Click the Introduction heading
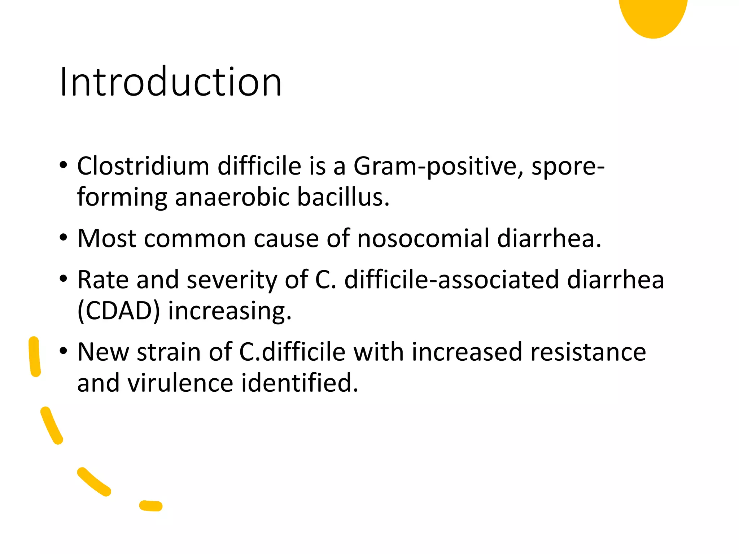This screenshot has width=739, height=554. [170, 82]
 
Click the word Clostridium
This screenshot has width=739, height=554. [143, 166]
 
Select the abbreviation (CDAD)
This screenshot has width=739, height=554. [118, 311]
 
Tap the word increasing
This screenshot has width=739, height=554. [229, 311]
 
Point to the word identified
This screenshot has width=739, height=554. [299, 383]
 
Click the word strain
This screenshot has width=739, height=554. [169, 352]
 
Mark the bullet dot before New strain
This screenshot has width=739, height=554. [64, 351]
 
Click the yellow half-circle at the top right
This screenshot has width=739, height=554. [653, 16]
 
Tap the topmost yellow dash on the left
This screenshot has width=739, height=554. [35, 357]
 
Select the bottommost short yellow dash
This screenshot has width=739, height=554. [151, 506]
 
